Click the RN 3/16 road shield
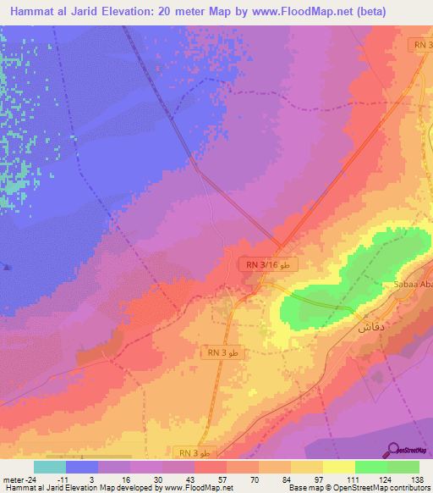(x=268, y=265)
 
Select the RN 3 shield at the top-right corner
(x=422, y=44)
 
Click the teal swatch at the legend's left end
(x=50, y=467)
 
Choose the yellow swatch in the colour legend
(x=338, y=467)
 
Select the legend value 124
(x=386, y=479)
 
